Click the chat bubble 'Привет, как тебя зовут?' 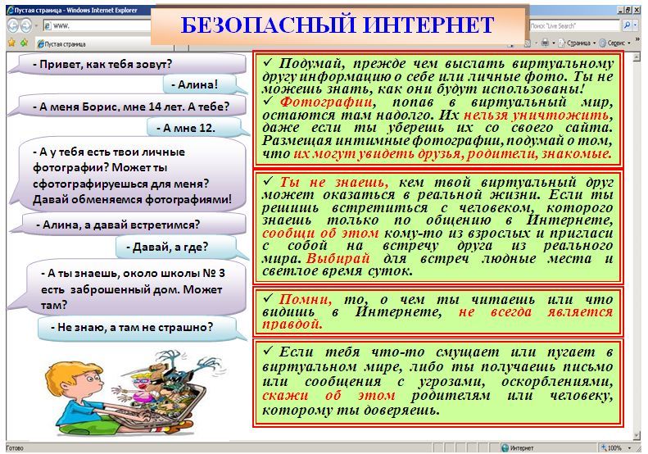tap(128, 64)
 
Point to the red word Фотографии tap(326, 102)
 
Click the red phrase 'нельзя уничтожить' tap(536, 115)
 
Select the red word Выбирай tap(338, 258)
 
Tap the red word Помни tap(305, 299)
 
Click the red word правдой tap(292, 325)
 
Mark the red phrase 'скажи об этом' tap(329, 395)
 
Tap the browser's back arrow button tap(13, 25)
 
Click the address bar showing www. tap(97, 25)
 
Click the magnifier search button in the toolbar tap(627, 25)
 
